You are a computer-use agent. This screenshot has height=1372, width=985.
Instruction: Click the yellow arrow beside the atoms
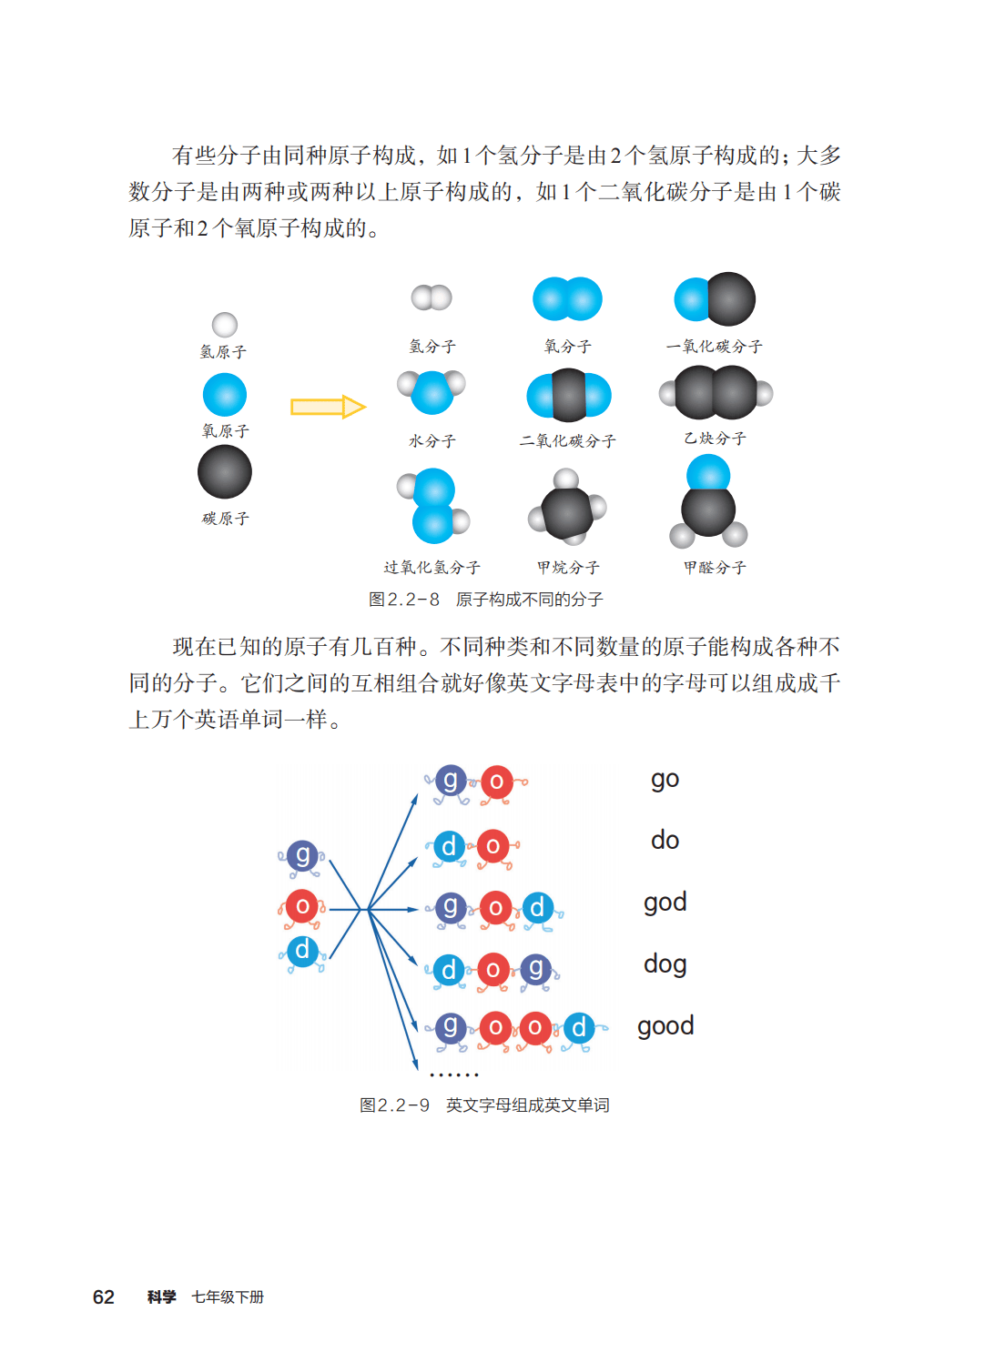coord(327,407)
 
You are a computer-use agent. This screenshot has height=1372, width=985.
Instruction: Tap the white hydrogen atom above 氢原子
coord(225,325)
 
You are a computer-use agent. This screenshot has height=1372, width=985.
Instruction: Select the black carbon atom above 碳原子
coord(225,473)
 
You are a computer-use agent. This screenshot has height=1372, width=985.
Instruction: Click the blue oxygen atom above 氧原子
coord(225,395)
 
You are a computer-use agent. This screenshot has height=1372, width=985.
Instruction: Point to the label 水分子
coord(432,441)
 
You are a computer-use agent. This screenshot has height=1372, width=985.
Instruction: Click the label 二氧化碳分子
coord(567,441)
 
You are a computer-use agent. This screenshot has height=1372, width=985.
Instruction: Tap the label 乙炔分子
coord(715,439)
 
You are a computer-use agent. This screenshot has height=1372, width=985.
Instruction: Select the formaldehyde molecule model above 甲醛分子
coord(708,502)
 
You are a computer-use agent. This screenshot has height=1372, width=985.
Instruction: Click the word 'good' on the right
coord(665,1026)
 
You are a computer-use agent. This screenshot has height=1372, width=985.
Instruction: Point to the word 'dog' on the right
coord(665,964)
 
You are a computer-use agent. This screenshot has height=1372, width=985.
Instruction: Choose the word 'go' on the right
coord(665,780)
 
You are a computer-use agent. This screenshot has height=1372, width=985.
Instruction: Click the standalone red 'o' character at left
coord(302,906)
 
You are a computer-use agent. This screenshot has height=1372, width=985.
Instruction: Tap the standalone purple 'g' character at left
coord(302,856)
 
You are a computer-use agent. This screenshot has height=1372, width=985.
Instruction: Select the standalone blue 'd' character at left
coord(302,952)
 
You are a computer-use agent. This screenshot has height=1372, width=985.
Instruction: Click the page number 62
coord(104,1297)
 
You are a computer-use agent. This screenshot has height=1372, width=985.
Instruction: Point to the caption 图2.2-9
coord(394,1105)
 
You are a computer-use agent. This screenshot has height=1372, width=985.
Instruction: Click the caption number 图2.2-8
coord(404,600)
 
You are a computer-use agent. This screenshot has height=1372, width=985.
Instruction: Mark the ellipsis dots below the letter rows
coord(453,1075)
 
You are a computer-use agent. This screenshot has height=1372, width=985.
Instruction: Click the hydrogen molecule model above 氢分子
coord(432,298)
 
